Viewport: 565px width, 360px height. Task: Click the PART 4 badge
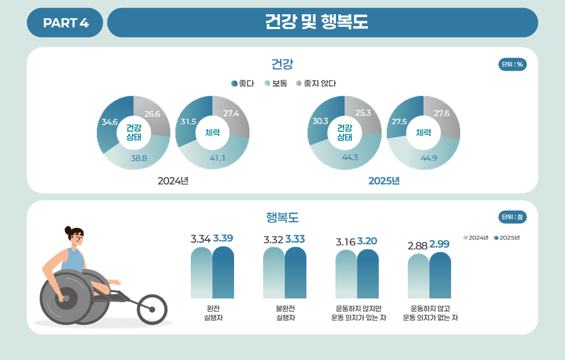(65, 23)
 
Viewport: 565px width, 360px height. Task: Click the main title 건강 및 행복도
(317, 22)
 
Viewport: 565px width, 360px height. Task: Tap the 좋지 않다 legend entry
(316, 84)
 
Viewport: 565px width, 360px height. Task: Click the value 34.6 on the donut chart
(109, 122)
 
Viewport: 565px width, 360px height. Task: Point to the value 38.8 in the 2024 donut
(139, 158)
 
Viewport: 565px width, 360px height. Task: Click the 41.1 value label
(218, 158)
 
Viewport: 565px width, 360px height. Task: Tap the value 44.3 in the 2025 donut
(350, 157)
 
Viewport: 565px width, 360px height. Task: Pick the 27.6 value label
(441, 113)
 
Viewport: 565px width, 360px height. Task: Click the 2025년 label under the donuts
(384, 181)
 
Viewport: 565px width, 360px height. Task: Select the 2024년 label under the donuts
(173, 181)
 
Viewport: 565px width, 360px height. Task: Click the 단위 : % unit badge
(512, 64)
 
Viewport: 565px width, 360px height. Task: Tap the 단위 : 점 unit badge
(512, 217)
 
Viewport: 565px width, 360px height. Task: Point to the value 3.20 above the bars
(367, 241)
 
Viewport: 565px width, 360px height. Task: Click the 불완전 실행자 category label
(284, 313)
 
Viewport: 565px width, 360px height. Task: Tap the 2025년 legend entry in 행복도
(507, 238)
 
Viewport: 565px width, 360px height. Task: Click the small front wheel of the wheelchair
(152, 309)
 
